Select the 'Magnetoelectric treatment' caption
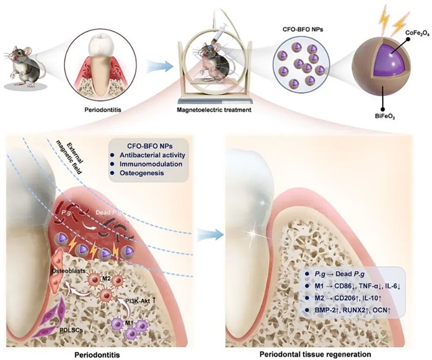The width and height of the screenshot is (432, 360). pos(214,110)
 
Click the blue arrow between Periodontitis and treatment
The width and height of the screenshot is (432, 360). pos(160,67)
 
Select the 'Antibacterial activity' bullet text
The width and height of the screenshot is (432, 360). pos(152,155)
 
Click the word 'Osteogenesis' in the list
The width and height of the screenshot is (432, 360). pos(141,173)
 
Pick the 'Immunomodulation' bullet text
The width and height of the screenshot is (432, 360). pos(151,164)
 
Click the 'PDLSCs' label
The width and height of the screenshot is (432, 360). pos(72,330)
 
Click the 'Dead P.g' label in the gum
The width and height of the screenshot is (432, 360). pos(109,213)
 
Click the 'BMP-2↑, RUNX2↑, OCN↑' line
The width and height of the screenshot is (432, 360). pos(353,311)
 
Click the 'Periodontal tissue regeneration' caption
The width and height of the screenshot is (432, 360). pos(315,354)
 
